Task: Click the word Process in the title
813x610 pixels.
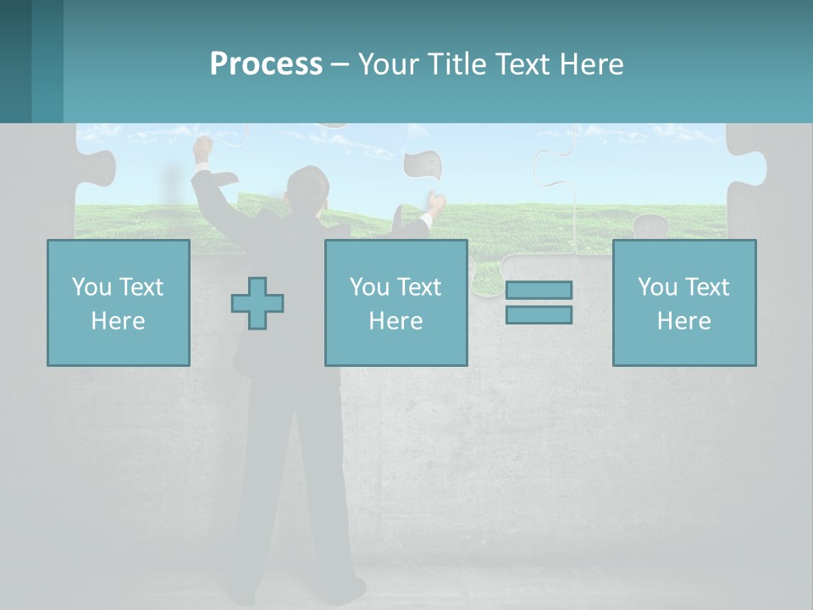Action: click(x=266, y=64)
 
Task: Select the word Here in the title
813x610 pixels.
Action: click(x=590, y=64)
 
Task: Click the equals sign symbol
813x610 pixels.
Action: click(x=539, y=302)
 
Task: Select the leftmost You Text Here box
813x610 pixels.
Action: click(x=119, y=302)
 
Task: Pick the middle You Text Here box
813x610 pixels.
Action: click(x=395, y=302)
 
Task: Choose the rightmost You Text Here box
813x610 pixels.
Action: click(x=683, y=302)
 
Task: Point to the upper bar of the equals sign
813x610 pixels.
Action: click(x=539, y=290)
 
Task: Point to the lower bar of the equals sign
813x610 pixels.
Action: click(x=539, y=315)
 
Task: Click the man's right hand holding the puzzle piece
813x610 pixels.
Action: click(x=435, y=204)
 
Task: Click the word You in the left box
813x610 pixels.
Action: click(x=91, y=287)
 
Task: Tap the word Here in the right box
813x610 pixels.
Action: click(x=683, y=321)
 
